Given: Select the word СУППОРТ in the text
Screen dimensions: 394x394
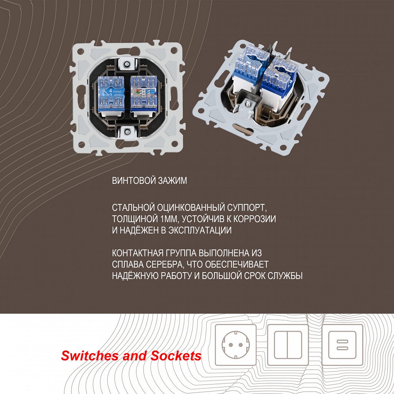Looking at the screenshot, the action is tap(247, 208).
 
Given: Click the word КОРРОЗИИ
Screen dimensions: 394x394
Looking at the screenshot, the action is tap(255, 219).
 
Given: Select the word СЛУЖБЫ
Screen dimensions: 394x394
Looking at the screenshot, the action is tap(285, 276).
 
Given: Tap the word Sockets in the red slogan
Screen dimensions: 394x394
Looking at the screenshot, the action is tap(176, 356).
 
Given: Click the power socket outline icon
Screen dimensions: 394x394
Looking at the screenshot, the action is tap(236, 345).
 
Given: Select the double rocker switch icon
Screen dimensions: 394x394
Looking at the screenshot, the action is tap(288, 345).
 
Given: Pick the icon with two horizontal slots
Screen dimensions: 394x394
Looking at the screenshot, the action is tap(343, 345).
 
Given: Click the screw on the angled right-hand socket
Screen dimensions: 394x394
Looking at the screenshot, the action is tap(248, 103).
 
